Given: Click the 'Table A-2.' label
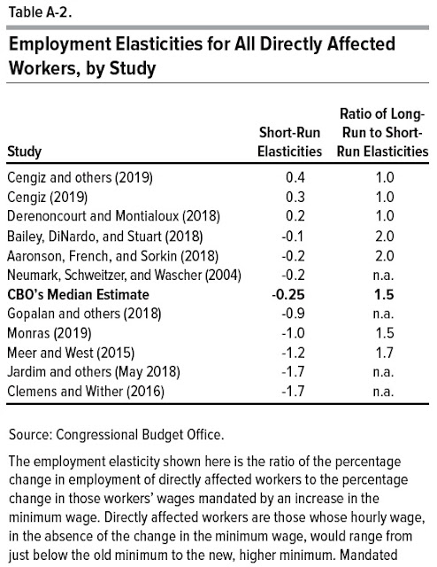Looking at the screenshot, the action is pyautogui.click(x=40, y=12).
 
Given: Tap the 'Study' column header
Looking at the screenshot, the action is pyautogui.click(x=24, y=151).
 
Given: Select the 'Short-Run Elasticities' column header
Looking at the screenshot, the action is pyautogui.click(x=289, y=142).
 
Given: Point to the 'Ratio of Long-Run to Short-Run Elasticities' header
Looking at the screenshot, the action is pyautogui.click(x=382, y=133).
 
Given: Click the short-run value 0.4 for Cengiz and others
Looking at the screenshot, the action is pyautogui.click(x=295, y=177).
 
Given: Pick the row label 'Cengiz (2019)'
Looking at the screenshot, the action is pyautogui.click(x=47, y=198).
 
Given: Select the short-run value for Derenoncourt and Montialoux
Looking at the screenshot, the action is pyautogui.click(x=295, y=216).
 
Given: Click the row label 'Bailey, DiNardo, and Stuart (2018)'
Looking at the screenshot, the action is pyautogui.click(x=105, y=237).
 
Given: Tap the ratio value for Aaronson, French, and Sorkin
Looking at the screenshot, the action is pyautogui.click(x=384, y=256).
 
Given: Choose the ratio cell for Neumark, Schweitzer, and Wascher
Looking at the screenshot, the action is pyautogui.click(x=383, y=276).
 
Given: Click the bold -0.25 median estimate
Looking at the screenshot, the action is pyautogui.click(x=288, y=295).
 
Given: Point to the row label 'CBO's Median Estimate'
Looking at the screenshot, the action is pyautogui.click(x=78, y=295).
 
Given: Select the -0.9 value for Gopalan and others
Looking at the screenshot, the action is pyautogui.click(x=293, y=314).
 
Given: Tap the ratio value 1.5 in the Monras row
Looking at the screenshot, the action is pyautogui.click(x=384, y=333).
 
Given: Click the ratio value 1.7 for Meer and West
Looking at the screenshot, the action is pyautogui.click(x=384, y=353).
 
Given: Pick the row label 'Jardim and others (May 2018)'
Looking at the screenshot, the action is pyautogui.click(x=94, y=372).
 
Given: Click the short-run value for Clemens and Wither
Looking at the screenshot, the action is pyautogui.click(x=293, y=392).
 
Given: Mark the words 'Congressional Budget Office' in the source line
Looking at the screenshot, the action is pyautogui.click(x=139, y=435).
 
